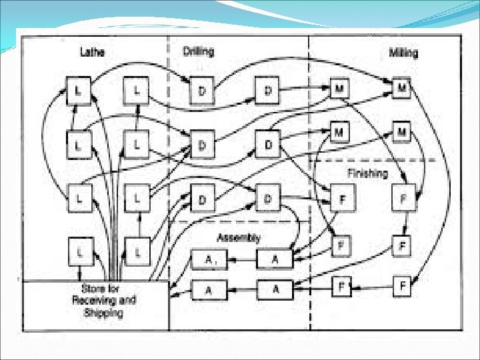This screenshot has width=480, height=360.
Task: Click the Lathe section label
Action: click(x=92, y=51)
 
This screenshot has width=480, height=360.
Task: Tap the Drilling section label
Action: click(x=199, y=51)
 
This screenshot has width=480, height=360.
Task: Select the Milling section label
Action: click(x=403, y=53)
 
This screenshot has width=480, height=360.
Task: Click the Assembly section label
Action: click(x=238, y=237)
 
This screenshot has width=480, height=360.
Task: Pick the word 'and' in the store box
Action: click(x=124, y=300)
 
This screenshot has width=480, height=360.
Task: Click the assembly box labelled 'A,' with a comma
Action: click(x=208, y=261)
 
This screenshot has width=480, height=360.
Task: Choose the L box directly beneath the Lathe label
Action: click(x=78, y=90)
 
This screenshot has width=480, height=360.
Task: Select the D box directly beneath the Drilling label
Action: click(x=202, y=91)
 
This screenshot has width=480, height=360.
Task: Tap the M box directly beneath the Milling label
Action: click(x=402, y=87)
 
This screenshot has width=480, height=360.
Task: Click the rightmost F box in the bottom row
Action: click(x=402, y=287)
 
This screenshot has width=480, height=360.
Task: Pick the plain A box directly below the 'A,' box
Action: click(x=208, y=289)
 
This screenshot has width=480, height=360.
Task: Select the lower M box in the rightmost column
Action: click(x=401, y=131)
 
